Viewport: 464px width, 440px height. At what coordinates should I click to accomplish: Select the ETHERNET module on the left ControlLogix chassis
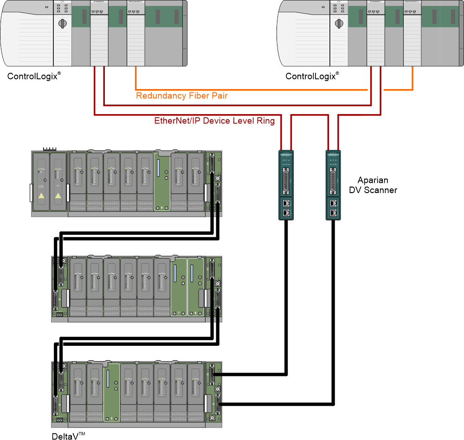point(99,32)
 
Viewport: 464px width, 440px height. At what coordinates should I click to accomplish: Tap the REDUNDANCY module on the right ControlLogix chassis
point(412,32)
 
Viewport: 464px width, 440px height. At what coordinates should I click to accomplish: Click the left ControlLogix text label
point(34,76)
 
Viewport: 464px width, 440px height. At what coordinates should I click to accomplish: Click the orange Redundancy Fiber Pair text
point(181,96)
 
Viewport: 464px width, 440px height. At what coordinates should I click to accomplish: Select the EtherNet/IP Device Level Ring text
point(214,121)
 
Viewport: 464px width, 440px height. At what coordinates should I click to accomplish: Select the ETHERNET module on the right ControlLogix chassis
point(375,32)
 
